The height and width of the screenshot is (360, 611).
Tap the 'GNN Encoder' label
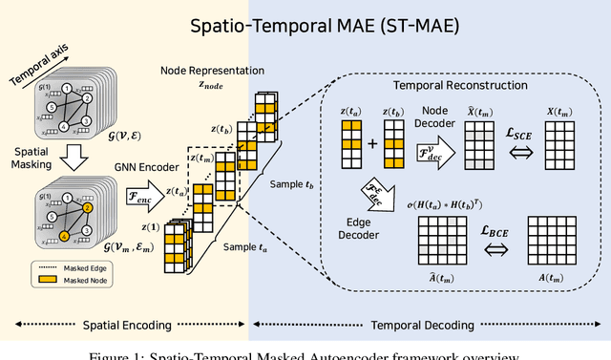[x=139, y=166]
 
